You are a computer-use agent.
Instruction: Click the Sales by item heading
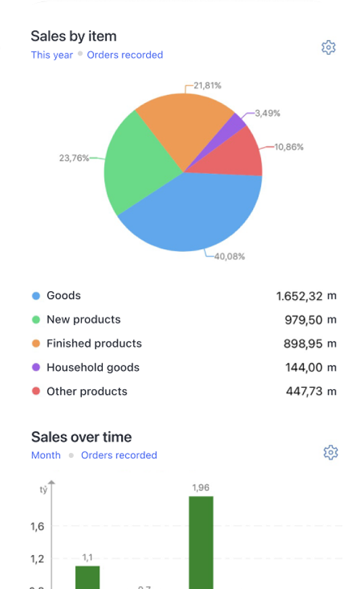pyautogui.click(x=74, y=37)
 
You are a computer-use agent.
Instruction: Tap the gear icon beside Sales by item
pyautogui.click(x=328, y=47)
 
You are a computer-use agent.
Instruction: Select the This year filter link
pyautogui.click(x=52, y=55)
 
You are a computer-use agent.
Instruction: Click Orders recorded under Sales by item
pyautogui.click(x=125, y=55)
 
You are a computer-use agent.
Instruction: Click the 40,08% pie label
pyautogui.click(x=229, y=257)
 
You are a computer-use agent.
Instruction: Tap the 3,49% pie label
pyautogui.click(x=267, y=113)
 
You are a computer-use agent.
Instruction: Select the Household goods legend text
pyautogui.click(x=93, y=368)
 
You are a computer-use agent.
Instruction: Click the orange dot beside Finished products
pyautogui.click(x=36, y=344)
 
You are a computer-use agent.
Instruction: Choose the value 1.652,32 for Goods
pyautogui.click(x=299, y=296)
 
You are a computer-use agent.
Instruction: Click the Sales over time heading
pyautogui.click(x=81, y=437)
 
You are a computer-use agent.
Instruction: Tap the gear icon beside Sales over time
pyautogui.click(x=330, y=452)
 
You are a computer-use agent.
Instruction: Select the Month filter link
pyautogui.click(x=46, y=456)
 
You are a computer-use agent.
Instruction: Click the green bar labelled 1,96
pyautogui.click(x=201, y=542)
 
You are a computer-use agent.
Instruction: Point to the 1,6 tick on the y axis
pyautogui.click(x=37, y=527)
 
